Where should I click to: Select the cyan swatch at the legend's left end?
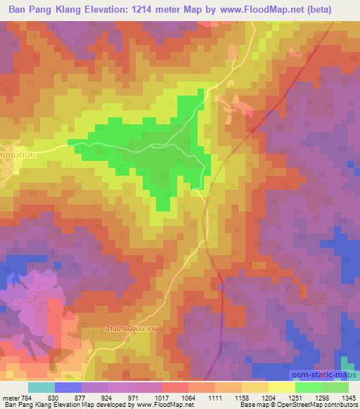tap(41, 387)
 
